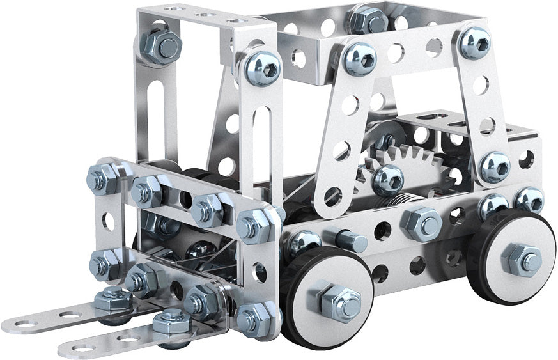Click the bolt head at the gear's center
[387, 180]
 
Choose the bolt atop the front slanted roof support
[359, 59]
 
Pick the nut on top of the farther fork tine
[112, 299]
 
